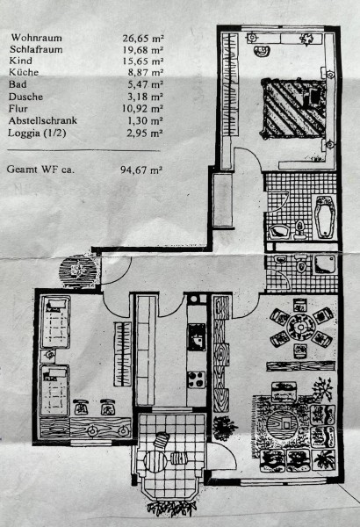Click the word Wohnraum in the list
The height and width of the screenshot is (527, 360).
tap(36, 38)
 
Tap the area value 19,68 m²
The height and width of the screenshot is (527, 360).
tap(142, 50)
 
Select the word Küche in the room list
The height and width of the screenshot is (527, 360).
tap(24, 72)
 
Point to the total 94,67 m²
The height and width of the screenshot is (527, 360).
tap(141, 170)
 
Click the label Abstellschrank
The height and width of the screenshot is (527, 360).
tap(43, 120)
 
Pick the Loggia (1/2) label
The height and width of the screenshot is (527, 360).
tap(37, 133)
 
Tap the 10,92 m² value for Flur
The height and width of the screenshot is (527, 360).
tap(142, 109)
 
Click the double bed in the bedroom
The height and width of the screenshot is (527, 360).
tap(294, 108)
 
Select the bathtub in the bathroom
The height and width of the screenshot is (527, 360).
tap(324, 216)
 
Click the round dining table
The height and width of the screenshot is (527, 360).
tap(301, 327)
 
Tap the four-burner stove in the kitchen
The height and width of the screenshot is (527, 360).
tap(197, 379)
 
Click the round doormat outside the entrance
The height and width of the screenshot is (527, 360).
tap(77, 271)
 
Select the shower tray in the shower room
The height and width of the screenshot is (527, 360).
tap(324, 264)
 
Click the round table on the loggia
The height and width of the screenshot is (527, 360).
tap(155, 461)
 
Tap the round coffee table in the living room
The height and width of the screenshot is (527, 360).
tap(283, 423)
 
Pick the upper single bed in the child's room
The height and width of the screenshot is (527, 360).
tap(55, 322)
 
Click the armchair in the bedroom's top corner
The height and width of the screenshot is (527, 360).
tap(263, 51)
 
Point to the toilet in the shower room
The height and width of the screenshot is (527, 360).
tap(301, 265)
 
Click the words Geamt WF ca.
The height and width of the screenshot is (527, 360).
tap(40, 169)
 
